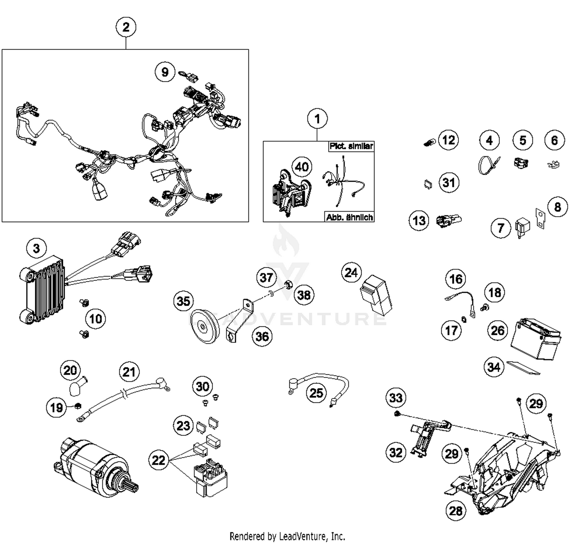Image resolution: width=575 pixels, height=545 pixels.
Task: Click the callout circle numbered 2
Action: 126,27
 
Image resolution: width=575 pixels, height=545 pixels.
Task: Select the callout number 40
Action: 302,167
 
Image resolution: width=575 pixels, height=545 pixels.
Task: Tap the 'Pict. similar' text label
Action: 351,146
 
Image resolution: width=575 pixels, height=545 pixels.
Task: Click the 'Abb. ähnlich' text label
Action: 349,217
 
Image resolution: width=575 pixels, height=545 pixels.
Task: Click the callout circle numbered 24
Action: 351,273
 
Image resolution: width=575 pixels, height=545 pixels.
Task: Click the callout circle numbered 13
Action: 419,221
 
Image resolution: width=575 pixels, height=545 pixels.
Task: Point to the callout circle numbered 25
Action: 316,393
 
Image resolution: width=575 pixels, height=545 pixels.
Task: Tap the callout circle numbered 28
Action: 456,511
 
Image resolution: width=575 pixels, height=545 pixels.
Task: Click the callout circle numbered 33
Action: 396,397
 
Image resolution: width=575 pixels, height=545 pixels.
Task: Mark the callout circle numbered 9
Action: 165,72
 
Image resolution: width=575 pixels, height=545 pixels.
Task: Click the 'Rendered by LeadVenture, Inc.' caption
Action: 287,536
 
